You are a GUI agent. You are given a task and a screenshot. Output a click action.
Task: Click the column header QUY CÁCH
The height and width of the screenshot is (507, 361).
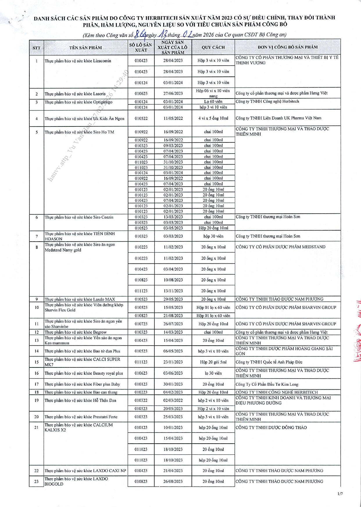point(213,47)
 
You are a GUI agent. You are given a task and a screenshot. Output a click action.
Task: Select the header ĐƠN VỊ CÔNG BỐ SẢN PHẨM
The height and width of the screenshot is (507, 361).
point(287,47)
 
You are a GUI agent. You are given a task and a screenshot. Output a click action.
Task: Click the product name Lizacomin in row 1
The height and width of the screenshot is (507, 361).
point(78,61)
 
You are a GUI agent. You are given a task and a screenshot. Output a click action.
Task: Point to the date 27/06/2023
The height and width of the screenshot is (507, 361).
point(173,94)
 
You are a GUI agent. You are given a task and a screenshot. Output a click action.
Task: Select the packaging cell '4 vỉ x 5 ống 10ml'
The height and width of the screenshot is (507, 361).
point(213,118)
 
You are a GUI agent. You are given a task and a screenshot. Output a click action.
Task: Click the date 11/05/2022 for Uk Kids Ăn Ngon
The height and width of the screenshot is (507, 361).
point(173,118)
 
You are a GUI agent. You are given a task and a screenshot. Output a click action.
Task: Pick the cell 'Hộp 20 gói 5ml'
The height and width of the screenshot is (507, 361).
point(213,362)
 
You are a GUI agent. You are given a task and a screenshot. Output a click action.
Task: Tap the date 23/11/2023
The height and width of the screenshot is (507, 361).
point(173,362)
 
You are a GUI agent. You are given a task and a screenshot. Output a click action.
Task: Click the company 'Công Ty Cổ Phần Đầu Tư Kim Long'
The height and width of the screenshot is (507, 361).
point(267,384)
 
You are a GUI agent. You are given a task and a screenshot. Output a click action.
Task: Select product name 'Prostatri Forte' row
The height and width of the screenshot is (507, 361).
point(81,417)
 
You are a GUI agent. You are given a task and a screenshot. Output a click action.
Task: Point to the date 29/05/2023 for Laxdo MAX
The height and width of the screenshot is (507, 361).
point(173,299)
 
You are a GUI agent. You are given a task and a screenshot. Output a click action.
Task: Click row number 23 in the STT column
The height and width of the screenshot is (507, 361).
point(36,481)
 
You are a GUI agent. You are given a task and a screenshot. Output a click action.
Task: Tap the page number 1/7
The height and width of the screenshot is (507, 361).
point(340,494)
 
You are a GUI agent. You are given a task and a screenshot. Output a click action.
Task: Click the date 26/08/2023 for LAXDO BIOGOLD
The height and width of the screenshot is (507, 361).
point(173,481)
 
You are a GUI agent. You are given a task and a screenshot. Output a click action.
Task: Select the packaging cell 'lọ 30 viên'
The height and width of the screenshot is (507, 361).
point(213,373)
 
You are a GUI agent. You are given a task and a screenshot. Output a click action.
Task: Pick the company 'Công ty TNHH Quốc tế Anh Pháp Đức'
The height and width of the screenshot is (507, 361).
point(269,362)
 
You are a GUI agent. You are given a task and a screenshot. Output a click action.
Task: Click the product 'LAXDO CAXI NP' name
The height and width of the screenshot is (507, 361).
point(85,471)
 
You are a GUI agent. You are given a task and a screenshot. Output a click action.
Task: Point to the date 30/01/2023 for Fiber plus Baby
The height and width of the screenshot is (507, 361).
point(173,384)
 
